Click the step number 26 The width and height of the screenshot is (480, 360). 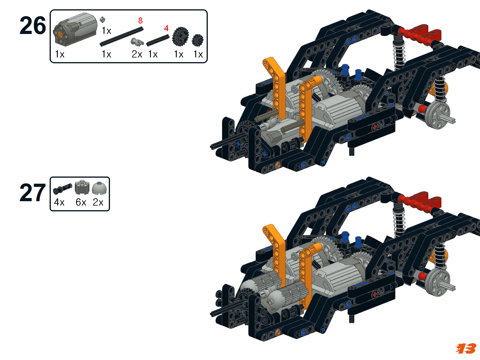[33, 26]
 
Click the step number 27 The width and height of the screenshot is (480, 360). [33, 193]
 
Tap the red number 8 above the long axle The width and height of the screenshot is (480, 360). [140, 21]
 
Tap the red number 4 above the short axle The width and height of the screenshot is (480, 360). [166, 28]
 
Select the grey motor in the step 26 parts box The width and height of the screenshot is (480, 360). [75, 29]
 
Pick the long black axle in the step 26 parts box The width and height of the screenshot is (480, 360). [122, 37]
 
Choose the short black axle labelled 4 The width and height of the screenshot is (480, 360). [158, 40]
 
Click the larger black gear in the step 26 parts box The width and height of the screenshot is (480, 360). [181, 37]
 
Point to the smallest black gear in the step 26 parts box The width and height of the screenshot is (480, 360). [198, 40]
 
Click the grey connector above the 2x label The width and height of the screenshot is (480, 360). [137, 42]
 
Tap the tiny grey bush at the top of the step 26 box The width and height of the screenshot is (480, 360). [102, 20]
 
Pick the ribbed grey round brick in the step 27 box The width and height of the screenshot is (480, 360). [82, 188]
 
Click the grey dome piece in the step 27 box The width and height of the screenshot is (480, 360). [99, 188]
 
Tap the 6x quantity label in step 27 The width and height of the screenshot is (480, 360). [81, 202]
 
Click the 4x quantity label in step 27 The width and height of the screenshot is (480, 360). [59, 202]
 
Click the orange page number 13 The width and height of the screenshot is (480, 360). [466, 348]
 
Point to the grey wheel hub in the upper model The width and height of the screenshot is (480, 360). [437, 115]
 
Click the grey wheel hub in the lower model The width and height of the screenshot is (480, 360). [437, 282]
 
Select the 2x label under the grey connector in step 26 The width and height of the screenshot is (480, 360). [137, 54]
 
